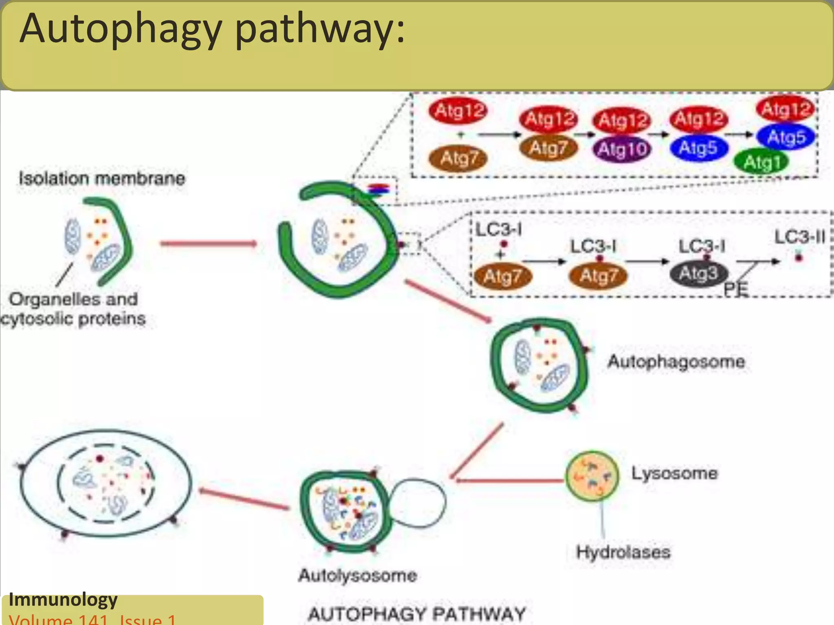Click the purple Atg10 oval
pyautogui.click(x=622, y=149)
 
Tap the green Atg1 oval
pyautogui.click(x=761, y=162)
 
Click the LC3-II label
pyautogui.click(x=799, y=237)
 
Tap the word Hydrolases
pyautogui.click(x=623, y=552)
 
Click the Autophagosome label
pyautogui.click(x=676, y=361)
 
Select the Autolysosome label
pyautogui.click(x=358, y=575)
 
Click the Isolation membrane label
pyautogui.click(x=102, y=178)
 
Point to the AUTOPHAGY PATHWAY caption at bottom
pyautogui.click(x=417, y=614)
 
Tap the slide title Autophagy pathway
pyautogui.click(x=212, y=28)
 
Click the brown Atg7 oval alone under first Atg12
pyautogui.click(x=458, y=158)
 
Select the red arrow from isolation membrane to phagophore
pyautogui.click(x=208, y=244)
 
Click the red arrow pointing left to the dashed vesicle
pyautogui.click(x=244, y=498)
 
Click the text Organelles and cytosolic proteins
pyautogui.click(x=73, y=309)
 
